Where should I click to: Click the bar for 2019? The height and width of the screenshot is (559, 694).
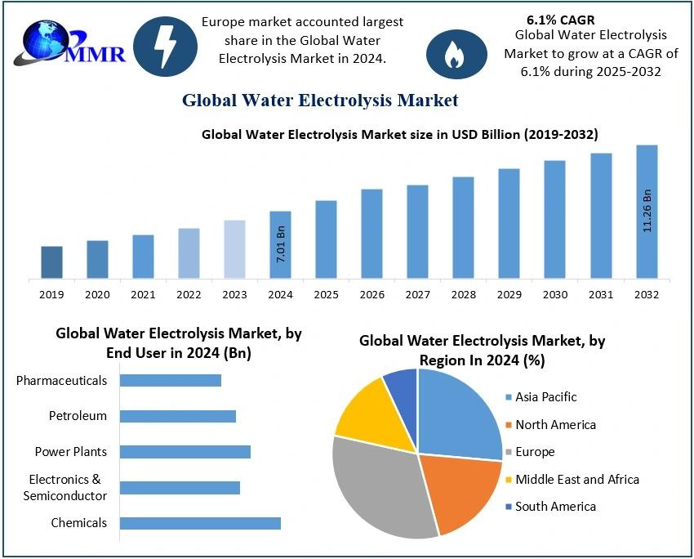(51, 262)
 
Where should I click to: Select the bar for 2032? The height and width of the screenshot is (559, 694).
(647, 212)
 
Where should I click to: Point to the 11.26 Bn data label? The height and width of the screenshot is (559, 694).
(647, 211)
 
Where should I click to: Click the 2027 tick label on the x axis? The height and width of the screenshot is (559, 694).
(417, 294)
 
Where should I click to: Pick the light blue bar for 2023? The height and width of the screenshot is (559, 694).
(234, 249)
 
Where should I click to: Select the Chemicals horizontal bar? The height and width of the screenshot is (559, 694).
(200, 523)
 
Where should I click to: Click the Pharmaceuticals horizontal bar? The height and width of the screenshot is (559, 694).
(171, 380)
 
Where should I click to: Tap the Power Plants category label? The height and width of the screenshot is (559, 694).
(71, 452)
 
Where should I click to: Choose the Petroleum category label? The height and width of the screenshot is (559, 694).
(78, 416)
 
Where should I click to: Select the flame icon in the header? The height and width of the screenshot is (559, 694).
(452, 54)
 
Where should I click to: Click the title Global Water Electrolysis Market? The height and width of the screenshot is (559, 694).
(320, 101)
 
